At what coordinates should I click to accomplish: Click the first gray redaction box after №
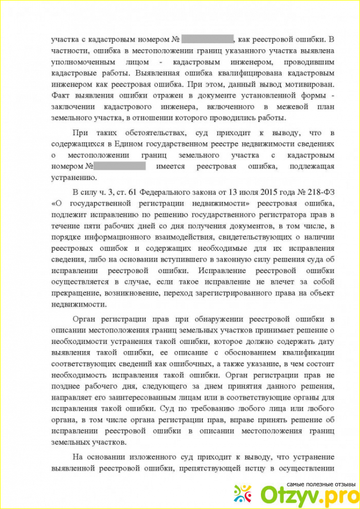207,39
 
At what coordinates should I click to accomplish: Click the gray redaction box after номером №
119,166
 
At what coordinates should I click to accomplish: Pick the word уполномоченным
78,63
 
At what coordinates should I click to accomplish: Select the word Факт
62,96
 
